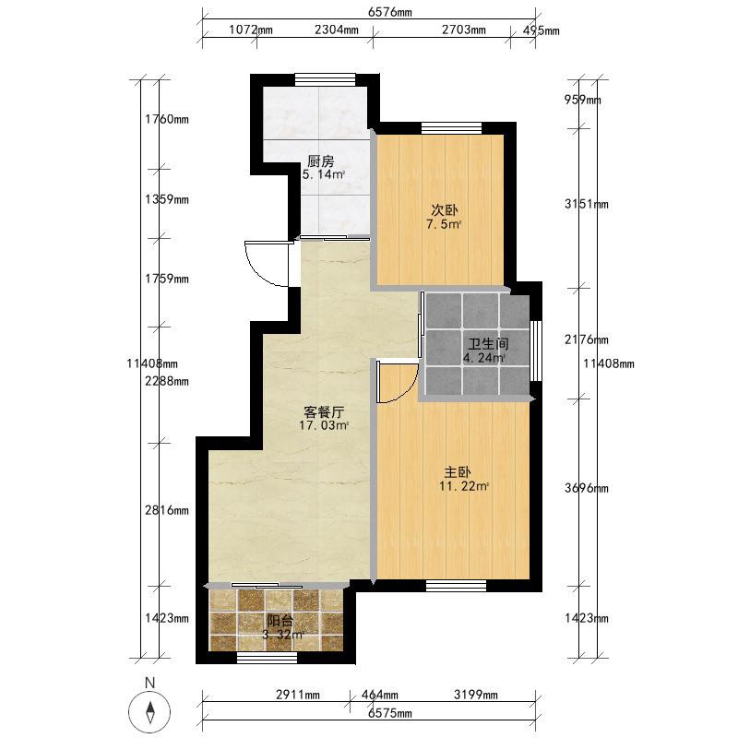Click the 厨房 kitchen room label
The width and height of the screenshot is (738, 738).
321,161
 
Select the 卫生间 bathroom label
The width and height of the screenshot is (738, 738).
488,344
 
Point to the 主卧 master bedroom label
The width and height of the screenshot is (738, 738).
458,472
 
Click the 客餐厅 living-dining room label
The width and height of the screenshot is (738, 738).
324,412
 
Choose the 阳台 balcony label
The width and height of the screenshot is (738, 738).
280,620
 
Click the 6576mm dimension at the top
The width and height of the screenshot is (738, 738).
389,12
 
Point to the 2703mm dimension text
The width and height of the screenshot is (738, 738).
464,30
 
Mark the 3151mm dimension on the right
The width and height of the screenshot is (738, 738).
587,204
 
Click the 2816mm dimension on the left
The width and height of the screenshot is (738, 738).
167,510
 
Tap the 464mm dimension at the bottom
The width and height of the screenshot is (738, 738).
379,695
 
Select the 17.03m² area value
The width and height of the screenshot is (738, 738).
324,426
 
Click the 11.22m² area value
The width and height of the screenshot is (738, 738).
464,486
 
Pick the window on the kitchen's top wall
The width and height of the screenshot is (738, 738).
326,80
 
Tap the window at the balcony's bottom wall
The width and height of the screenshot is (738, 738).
267,658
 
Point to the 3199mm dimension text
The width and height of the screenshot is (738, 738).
476,695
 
